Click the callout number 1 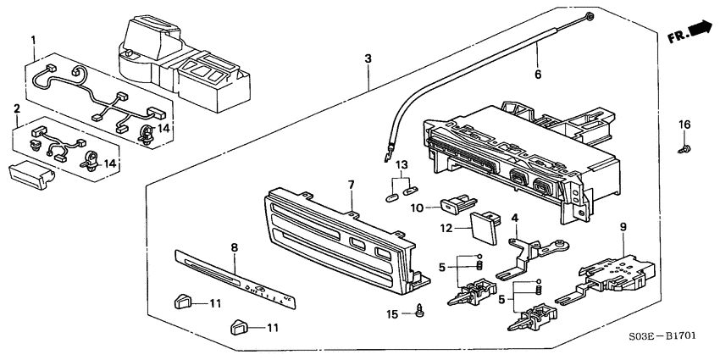33,40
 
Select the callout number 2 17,109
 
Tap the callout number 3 368,58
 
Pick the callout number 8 235,247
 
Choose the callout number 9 623,226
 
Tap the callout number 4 514,219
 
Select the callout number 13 402,163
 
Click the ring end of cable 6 589,17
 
